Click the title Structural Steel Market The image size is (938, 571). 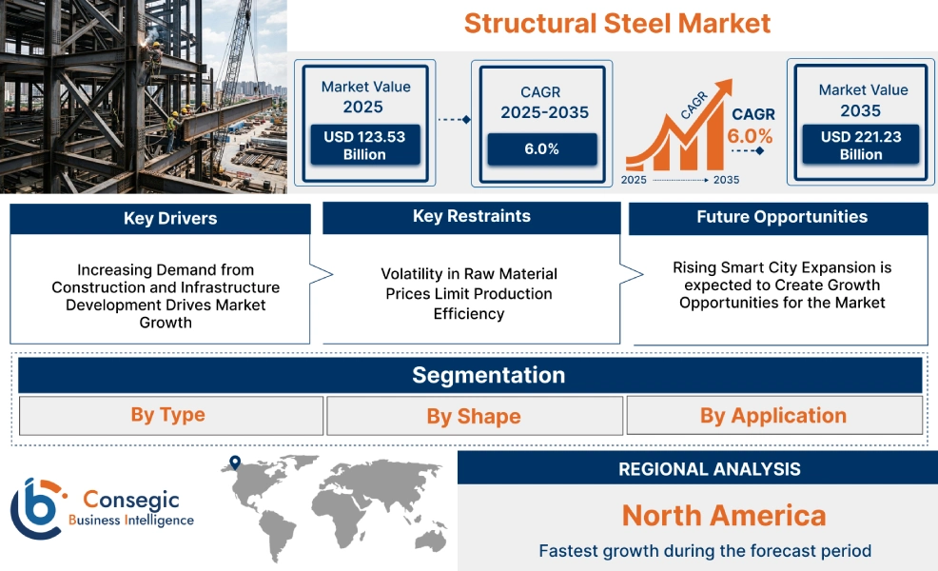point(616,23)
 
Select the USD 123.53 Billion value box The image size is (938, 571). point(364,146)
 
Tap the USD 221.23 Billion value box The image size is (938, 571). point(861,146)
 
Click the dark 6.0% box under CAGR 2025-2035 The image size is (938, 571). point(541,149)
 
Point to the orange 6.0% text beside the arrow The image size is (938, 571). point(750,136)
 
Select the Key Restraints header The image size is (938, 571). point(471,217)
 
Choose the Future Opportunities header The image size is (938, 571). point(781,217)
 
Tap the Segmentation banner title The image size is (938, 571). point(488,375)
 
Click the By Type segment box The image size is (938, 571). point(169,415)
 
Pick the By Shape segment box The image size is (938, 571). point(474,416)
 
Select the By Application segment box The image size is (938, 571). point(773,415)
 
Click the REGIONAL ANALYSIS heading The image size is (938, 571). point(709,468)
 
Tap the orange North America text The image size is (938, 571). point(723,516)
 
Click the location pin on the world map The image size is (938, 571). point(233,463)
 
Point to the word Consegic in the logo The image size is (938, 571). point(130,500)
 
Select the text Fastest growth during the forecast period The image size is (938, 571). point(704,550)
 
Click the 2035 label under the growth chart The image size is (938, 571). point(726,179)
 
